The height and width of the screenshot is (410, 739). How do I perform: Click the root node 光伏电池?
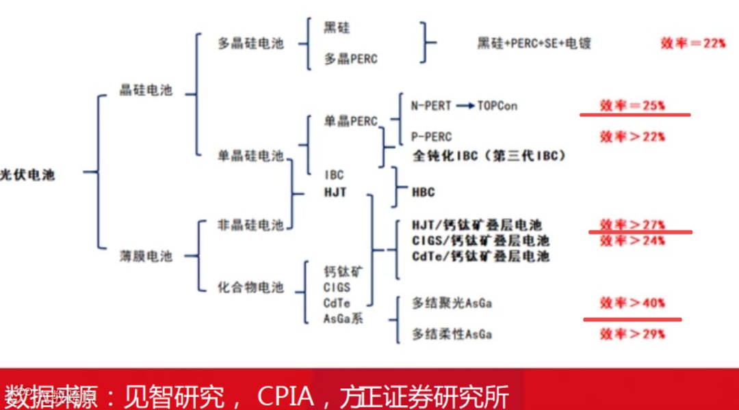point(27,175)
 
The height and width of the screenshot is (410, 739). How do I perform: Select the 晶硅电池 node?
point(146,90)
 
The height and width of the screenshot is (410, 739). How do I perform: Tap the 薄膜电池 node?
point(146,256)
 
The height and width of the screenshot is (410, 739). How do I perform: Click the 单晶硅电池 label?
point(250,156)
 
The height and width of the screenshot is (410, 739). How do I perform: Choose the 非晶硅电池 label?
point(250,225)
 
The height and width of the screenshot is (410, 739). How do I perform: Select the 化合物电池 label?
point(250,288)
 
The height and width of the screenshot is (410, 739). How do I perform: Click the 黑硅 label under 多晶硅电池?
point(337,28)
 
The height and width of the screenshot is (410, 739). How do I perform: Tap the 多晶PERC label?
point(350,59)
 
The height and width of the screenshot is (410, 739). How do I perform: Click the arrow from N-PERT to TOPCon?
point(465,106)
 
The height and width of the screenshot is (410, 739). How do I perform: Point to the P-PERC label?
point(431,137)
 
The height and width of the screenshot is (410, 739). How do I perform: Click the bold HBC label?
point(424,193)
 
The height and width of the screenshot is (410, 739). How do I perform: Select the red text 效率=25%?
point(632,106)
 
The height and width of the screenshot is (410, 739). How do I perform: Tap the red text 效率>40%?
point(632,303)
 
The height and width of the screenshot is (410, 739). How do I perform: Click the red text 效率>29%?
point(632,334)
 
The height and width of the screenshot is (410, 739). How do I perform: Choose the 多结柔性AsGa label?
point(452,334)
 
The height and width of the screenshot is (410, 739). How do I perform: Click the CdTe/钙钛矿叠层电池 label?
point(480,256)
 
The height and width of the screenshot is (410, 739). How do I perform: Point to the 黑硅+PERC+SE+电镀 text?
point(534,44)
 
